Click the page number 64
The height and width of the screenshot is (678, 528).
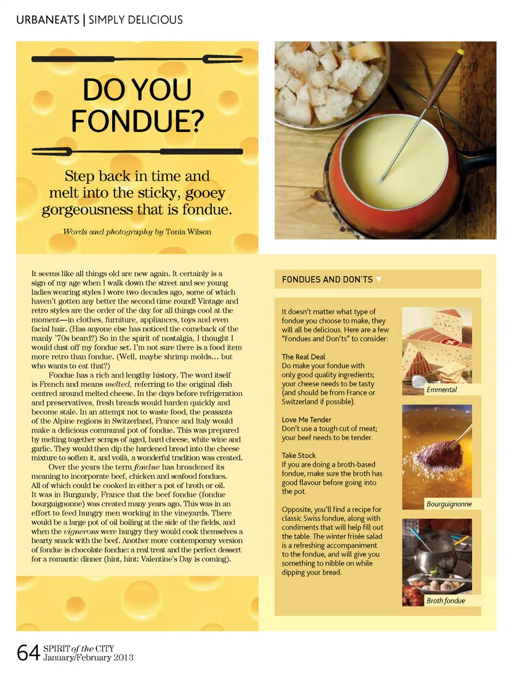[28, 653]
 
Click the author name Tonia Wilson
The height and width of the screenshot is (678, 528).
[188, 232]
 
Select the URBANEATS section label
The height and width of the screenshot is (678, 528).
[48, 20]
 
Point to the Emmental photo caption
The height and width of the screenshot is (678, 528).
[442, 390]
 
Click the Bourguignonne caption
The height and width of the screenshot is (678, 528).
[449, 504]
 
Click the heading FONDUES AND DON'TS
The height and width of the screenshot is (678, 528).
[327, 279]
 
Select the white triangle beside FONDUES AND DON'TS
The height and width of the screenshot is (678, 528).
[379, 278]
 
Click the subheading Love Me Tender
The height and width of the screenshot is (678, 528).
[306, 420]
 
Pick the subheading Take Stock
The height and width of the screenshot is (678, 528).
[299, 455]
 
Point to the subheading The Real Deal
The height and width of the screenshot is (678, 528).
[303, 357]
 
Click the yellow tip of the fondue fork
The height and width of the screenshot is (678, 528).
[459, 52]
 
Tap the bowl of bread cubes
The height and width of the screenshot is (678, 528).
[331, 82]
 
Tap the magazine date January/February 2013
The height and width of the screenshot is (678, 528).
[88, 658]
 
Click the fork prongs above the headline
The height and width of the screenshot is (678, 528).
[223, 59]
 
